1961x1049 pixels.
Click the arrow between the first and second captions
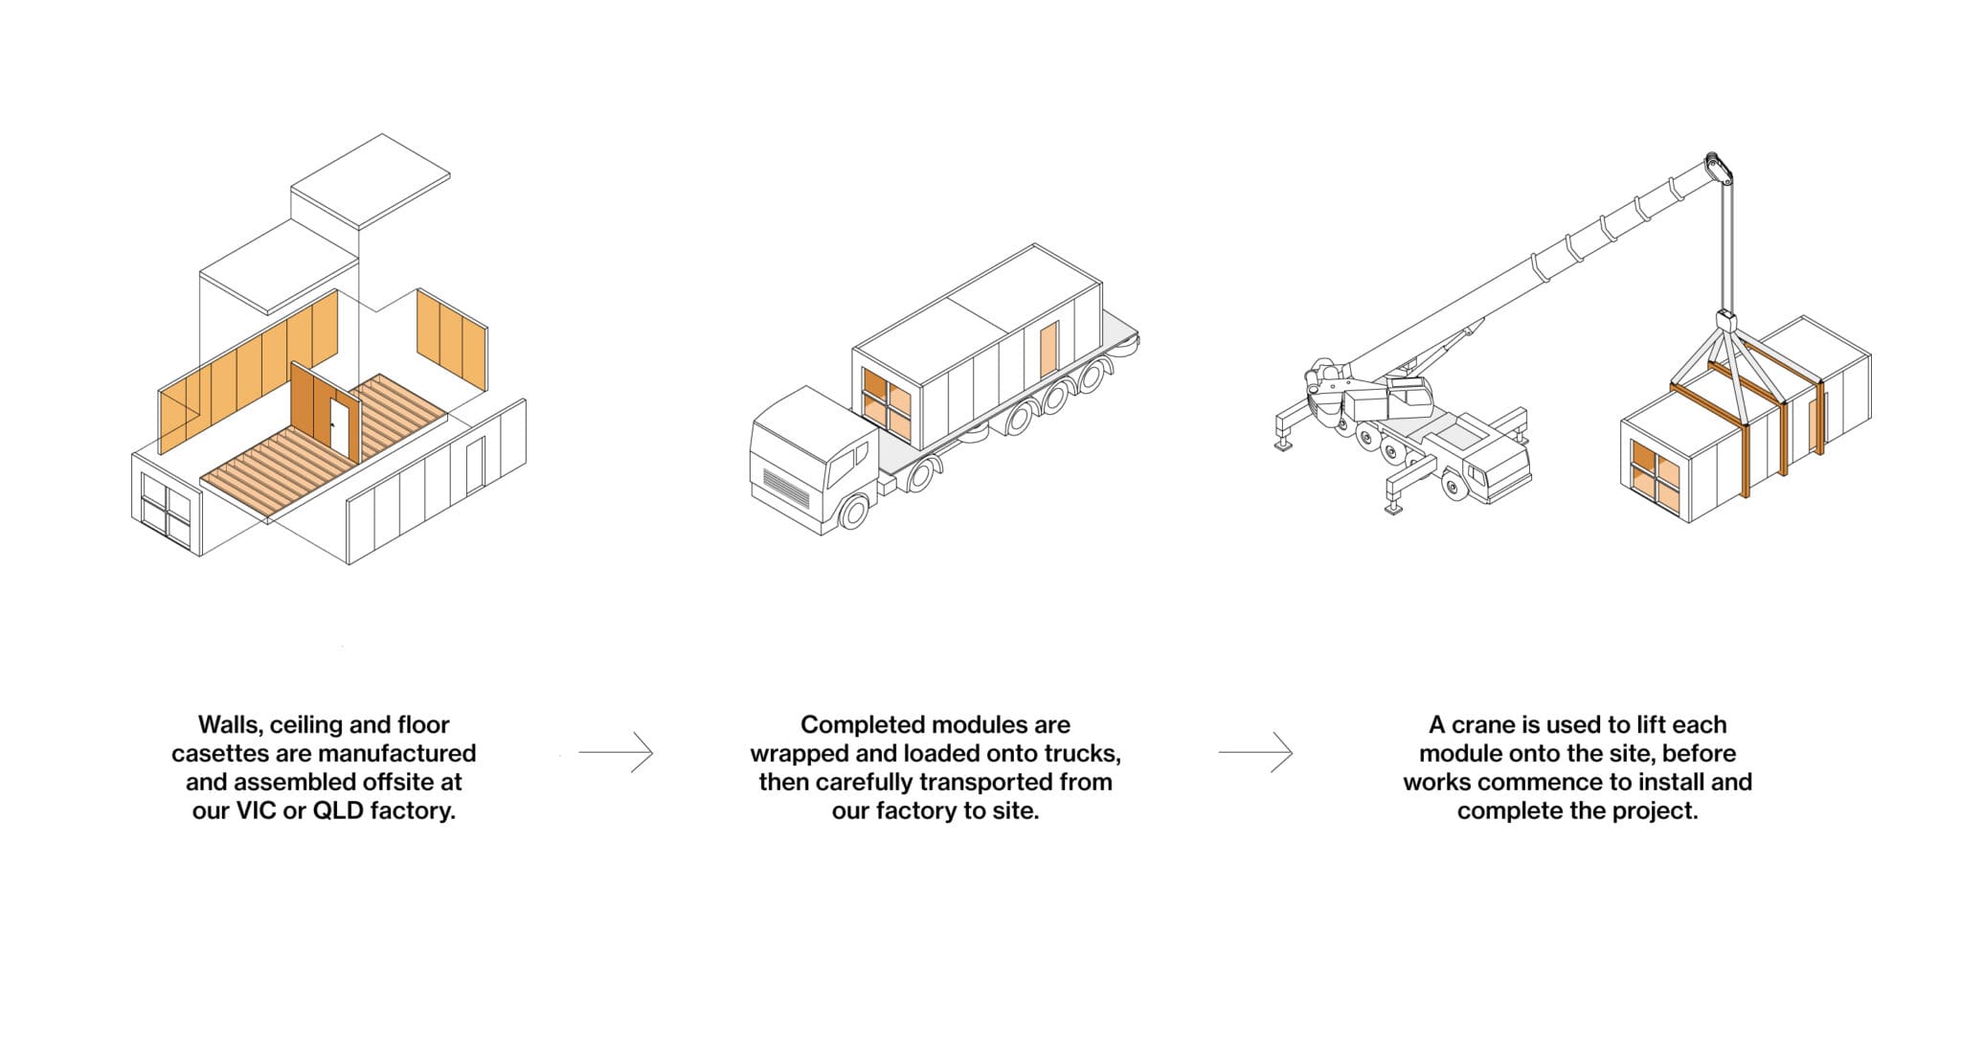pos(616,753)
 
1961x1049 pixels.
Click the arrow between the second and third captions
pos(1255,753)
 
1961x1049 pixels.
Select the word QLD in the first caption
pos(338,810)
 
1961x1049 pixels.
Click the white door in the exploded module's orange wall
pos(338,426)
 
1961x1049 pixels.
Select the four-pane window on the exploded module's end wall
pos(167,510)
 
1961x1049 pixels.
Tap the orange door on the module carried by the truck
pos(1049,351)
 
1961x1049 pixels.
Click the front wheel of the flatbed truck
pos(851,512)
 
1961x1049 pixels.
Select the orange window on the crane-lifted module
pos(1656,475)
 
